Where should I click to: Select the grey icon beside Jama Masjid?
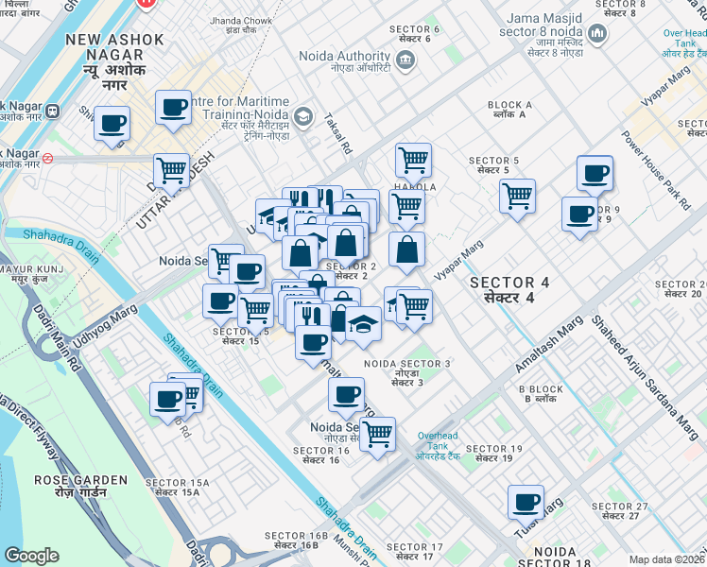point(596,36)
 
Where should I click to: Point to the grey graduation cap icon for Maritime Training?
point(302,117)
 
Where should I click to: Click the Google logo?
point(31,556)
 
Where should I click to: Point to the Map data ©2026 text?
point(666,559)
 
